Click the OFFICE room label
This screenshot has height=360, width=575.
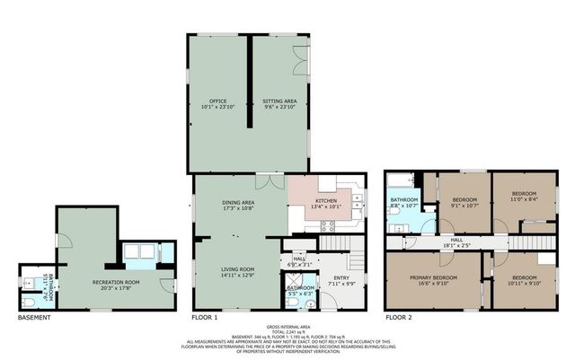pos(217,101)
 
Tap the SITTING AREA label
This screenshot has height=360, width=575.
pos(279,101)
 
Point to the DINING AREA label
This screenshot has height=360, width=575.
pos(238,204)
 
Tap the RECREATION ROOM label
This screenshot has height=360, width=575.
pos(113,283)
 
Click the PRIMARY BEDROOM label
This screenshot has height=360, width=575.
pos(433,278)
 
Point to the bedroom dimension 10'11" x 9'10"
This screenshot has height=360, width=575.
pos(524,285)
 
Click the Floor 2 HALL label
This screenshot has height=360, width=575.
pos(456,240)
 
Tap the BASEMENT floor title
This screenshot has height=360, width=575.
pos(34,318)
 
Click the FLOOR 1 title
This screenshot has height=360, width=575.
pos(205,318)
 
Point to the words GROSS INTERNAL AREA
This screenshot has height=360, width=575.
pos(287,326)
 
